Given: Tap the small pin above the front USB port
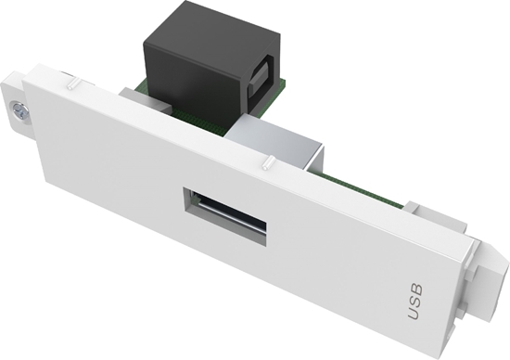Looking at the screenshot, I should [x=266, y=164].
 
